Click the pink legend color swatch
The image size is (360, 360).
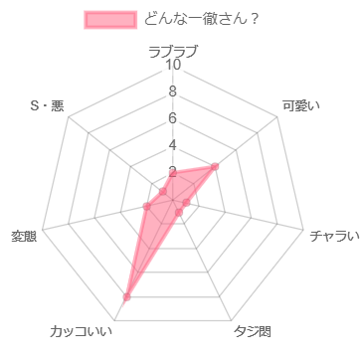point(110,19)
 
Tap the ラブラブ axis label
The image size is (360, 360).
point(173,51)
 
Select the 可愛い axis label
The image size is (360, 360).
point(300,105)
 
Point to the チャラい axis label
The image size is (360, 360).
point(332,236)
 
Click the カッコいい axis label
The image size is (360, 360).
point(82,330)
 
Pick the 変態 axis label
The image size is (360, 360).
point(24,236)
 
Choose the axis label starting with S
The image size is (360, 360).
point(47,105)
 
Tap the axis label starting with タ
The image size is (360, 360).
point(253,330)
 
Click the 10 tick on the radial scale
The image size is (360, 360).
point(173,66)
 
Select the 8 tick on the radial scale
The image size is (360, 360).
point(173,92)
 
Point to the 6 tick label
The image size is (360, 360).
point(173,119)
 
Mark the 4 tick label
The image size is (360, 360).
point(173,146)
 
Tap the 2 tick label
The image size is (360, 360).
point(173,172)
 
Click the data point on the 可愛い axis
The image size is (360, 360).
point(216,166)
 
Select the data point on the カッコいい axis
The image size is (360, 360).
point(125,296)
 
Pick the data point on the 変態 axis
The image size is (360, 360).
point(146,207)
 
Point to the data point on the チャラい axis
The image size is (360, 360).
point(187,203)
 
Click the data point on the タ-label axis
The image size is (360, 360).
point(179,213)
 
